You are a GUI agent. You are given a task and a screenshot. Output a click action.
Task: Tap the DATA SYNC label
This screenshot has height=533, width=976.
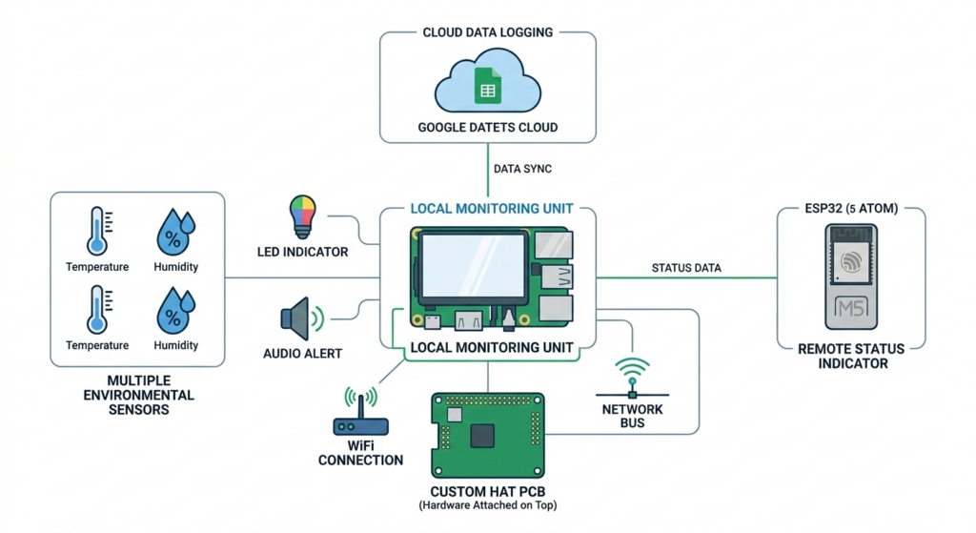tap(522, 169)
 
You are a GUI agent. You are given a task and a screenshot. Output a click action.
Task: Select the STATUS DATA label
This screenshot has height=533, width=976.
tap(686, 268)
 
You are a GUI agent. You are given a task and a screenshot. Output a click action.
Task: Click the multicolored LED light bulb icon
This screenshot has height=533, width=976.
tap(301, 216)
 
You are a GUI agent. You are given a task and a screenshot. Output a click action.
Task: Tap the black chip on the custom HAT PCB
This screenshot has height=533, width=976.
tap(484, 435)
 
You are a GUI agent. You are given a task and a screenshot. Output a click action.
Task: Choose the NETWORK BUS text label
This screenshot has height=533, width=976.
tap(632, 416)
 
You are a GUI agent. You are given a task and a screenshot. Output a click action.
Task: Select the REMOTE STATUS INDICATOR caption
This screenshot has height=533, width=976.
tap(851, 356)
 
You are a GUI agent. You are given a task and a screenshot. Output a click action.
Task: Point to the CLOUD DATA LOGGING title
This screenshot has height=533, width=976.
tap(487, 32)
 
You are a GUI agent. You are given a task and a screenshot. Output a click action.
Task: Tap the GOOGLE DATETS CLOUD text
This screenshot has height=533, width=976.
tap(487, 127)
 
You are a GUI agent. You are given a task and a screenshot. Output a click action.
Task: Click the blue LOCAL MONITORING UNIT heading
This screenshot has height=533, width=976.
tap(491, 208)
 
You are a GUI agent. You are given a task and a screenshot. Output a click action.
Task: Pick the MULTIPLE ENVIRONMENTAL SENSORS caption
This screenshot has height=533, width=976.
tap(138, 395)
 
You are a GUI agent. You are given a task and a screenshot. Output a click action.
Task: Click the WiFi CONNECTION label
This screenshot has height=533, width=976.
tap(360, 453)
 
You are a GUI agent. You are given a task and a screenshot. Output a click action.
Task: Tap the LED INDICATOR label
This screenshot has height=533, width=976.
tap(302, 253)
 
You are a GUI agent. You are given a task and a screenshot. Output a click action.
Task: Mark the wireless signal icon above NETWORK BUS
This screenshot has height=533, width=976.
tap(632, 375)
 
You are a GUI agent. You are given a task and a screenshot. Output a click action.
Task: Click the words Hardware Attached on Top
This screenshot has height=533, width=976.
tap(487, 505)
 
